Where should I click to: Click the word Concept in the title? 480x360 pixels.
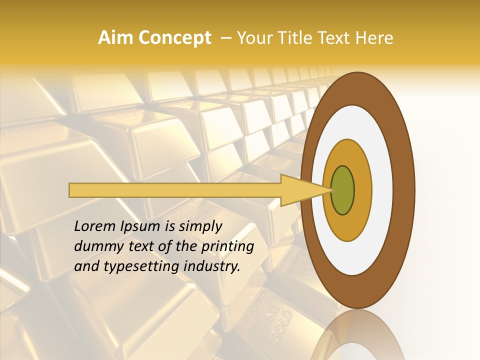point(174,38)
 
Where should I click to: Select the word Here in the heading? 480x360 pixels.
point(374,38)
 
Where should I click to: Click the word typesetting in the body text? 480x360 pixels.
point(143,267)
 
